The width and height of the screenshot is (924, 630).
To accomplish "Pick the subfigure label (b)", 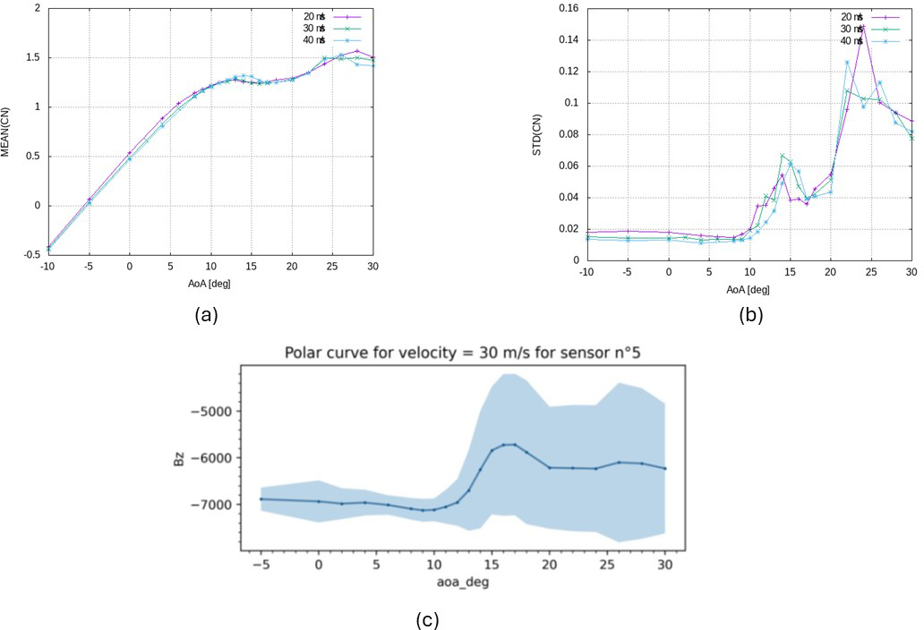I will [749, 314].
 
